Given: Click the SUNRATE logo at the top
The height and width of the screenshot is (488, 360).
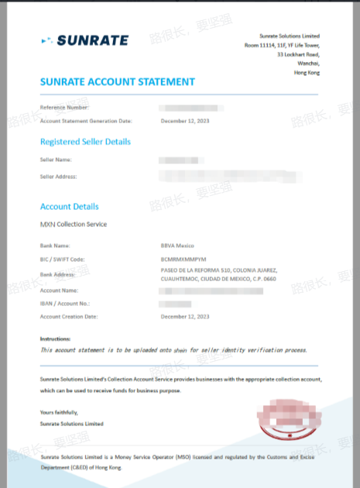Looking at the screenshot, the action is click(84, 40).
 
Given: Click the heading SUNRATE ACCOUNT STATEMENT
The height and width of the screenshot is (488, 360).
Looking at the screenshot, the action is click(117, 81).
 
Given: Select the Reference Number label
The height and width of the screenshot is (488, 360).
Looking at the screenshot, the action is click(64, 107).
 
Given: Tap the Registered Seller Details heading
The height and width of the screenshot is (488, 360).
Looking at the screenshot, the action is click(85, 142).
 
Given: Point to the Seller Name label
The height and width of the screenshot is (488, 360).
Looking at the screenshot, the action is click(56, 160).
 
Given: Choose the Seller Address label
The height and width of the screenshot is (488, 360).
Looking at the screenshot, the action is click(59, 177).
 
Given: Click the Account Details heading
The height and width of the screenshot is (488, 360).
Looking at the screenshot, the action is click(69, 207).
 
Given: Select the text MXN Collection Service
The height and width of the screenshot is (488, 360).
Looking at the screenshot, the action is click(74, 225).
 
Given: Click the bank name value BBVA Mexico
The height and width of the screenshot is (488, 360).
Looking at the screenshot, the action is click(177, 245).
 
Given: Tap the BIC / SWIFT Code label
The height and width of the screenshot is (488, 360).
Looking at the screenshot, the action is click(62, 259).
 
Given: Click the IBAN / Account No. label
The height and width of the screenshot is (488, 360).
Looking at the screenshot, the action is click(65, 304).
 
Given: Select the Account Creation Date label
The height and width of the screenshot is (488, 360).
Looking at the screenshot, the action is click(69, 317).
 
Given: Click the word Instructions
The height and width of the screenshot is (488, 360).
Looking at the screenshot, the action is click(55, 339).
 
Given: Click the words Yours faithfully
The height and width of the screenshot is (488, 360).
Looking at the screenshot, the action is click(60, 413).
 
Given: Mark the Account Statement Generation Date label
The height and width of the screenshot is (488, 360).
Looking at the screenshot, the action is click(86, 121).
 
